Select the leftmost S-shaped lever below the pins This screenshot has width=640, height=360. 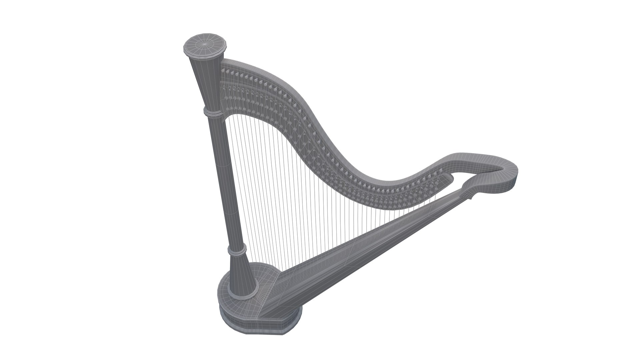[225, 88]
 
